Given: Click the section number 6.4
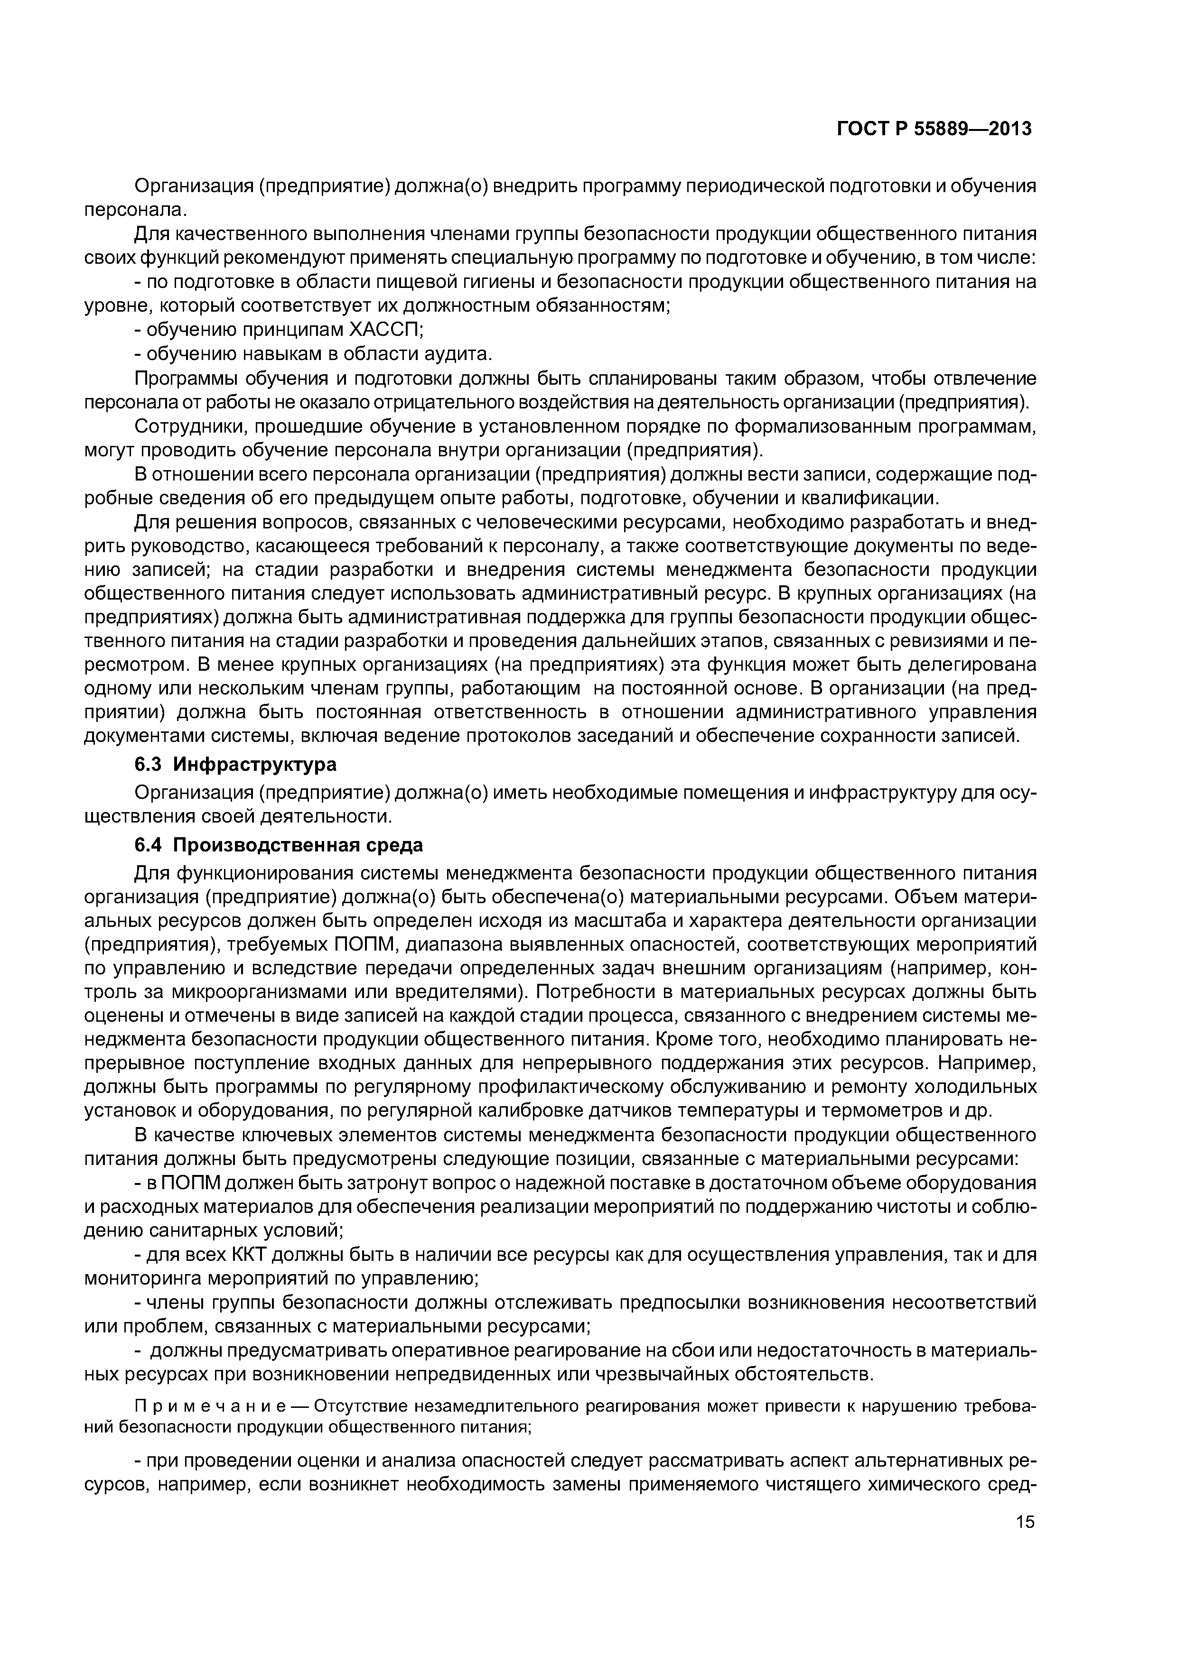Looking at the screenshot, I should pos(150,845).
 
